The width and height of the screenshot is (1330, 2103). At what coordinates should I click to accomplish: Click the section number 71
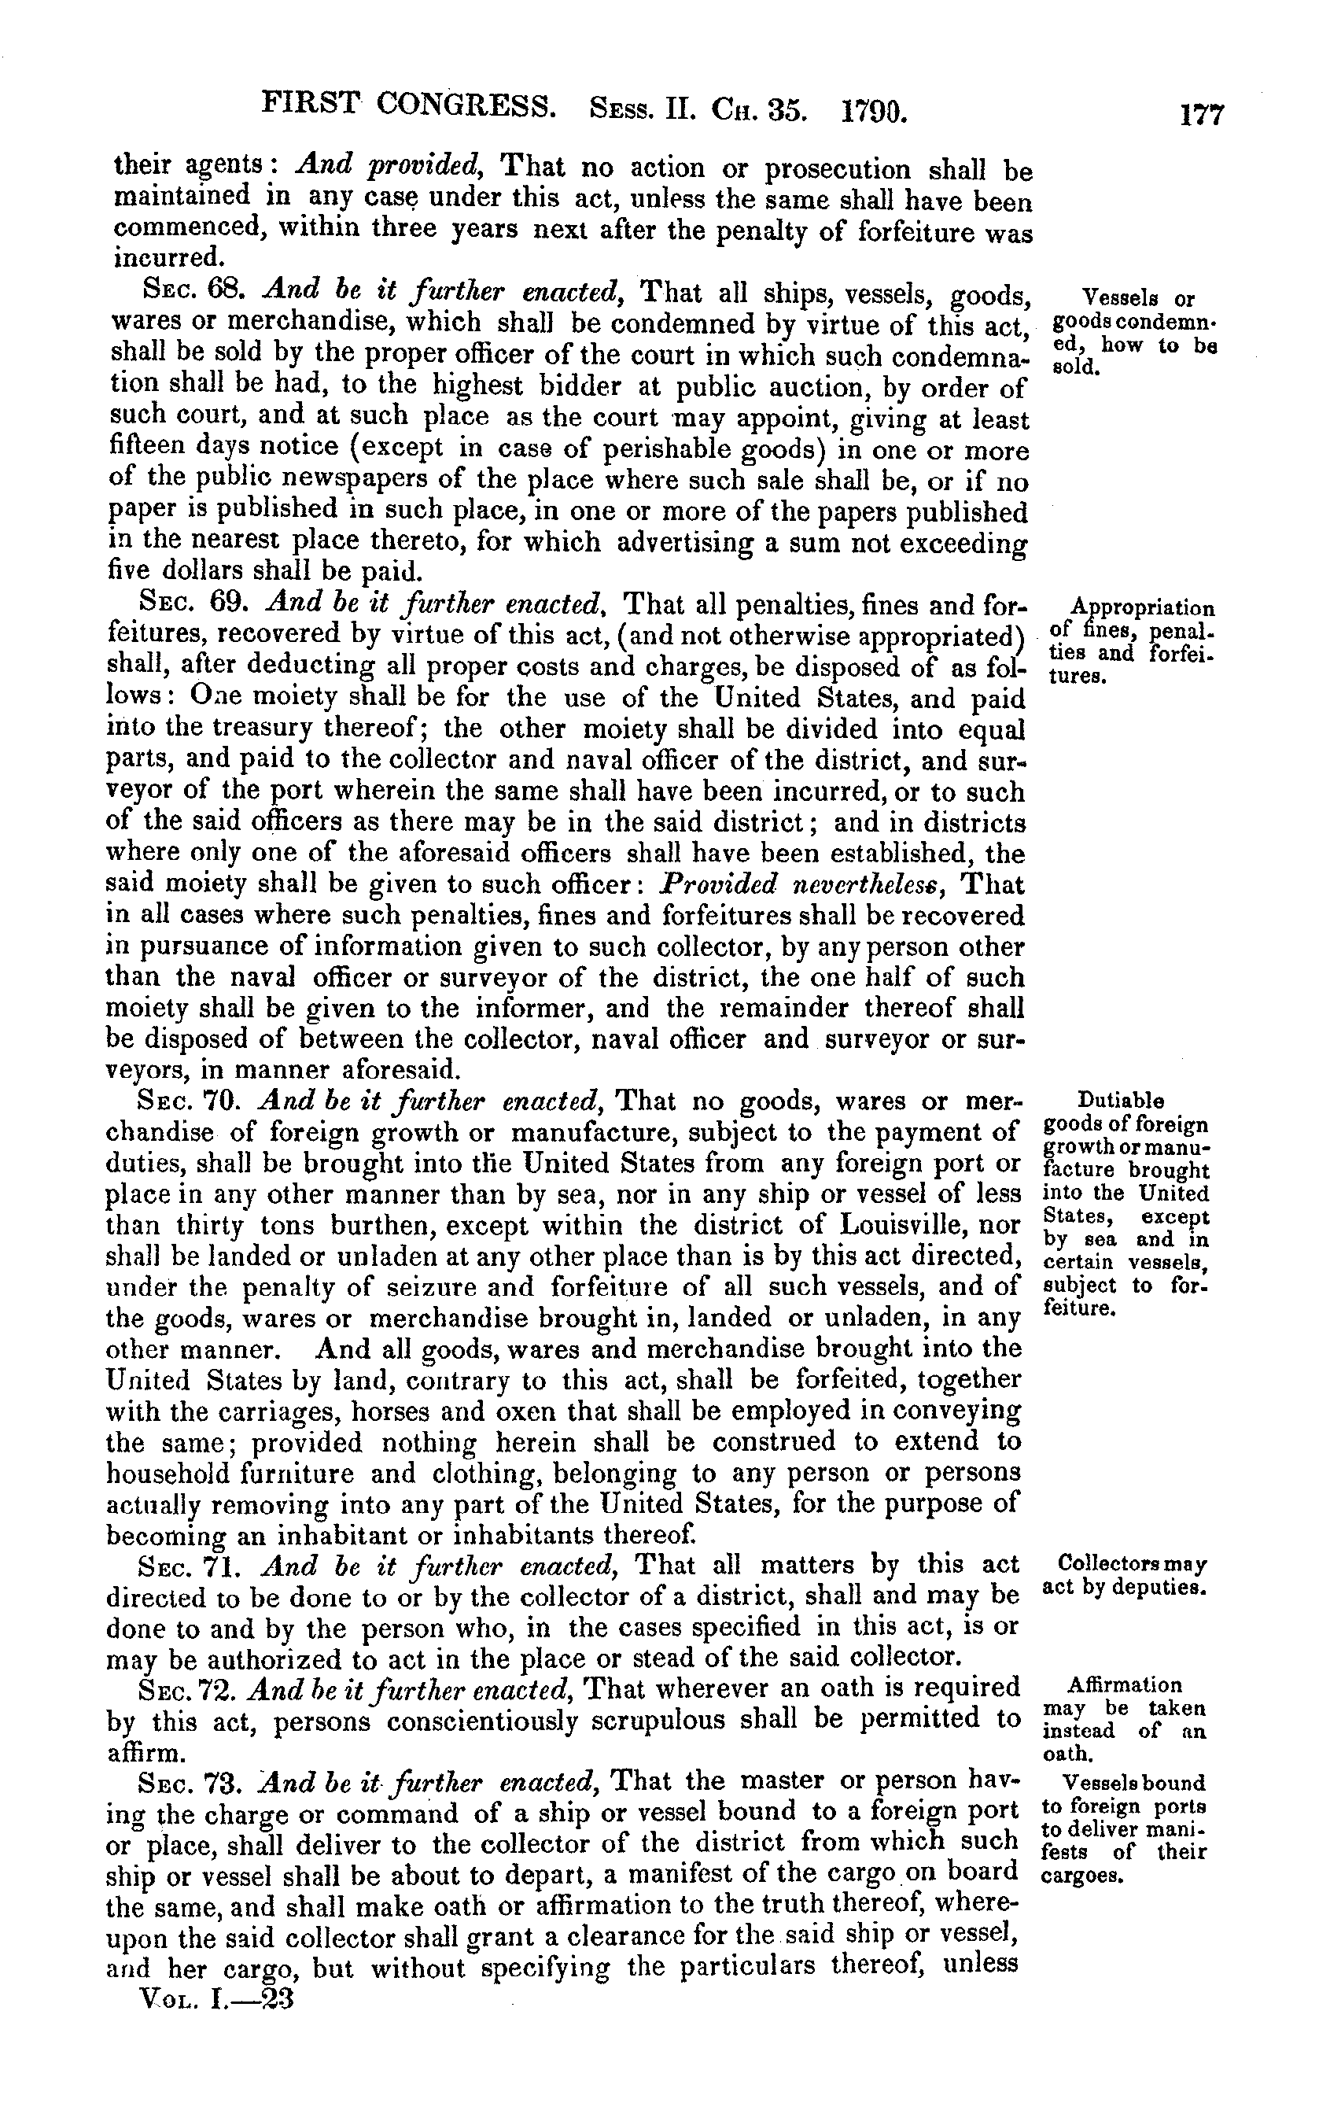coord(223,1564)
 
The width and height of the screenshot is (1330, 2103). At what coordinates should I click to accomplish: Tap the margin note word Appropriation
coord(1142,609)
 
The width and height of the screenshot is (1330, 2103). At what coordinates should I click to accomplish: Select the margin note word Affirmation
coord(1125,1684)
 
